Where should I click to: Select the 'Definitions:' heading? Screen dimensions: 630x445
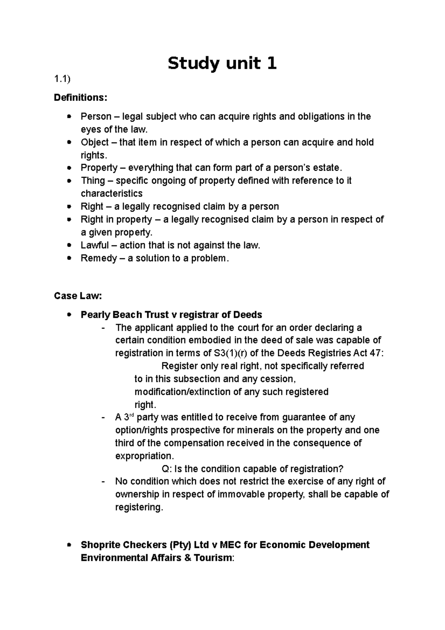(x=80, y=98)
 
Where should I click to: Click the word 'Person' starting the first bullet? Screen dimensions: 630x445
(x=96, y=117)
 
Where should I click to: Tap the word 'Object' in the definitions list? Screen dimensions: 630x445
(x=95, y=142)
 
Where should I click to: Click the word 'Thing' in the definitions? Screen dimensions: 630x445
(x=93, y=181)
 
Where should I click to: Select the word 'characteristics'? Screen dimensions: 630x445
(x=111, y=194)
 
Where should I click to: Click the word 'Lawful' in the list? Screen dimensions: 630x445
(x=95, y=245)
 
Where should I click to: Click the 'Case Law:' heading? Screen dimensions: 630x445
(x=78, y=296)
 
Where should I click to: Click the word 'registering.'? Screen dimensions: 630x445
(x=139, y=507)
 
